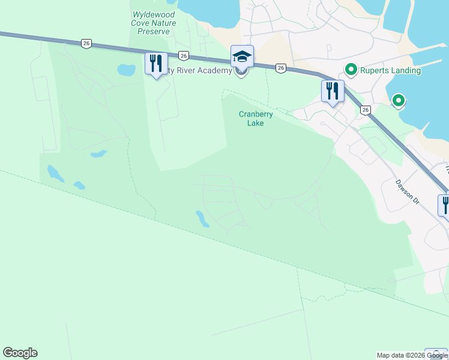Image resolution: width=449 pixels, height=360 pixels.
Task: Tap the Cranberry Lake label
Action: click(256, 118)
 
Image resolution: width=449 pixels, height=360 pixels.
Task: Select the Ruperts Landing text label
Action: click(390, 70)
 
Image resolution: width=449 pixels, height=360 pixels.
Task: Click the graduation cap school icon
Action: click(242, 57)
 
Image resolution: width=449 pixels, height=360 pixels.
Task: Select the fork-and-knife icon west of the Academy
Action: click(156, 63)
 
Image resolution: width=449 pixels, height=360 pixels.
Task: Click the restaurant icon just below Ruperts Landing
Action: click(332, 91)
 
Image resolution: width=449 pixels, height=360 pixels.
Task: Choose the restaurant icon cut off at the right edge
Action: click(444, 205)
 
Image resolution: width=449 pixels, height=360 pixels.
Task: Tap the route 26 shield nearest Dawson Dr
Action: click(366, 110)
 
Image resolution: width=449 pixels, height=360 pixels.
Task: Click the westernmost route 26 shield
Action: click(87, 43)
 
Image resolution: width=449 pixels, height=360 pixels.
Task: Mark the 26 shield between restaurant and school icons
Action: click(184, 55)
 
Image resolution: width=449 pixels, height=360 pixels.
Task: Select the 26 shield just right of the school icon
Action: click(280, 68)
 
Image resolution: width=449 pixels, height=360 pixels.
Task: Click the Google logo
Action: click(20, 353)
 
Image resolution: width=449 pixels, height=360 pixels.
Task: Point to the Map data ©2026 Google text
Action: click(412, 355)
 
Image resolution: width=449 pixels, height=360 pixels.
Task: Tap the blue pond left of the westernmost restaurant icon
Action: click(126, 70)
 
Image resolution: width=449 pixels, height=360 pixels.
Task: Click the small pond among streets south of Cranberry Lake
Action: click(202, 219)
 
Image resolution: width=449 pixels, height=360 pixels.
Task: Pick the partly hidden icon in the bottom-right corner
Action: click(436, 354)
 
